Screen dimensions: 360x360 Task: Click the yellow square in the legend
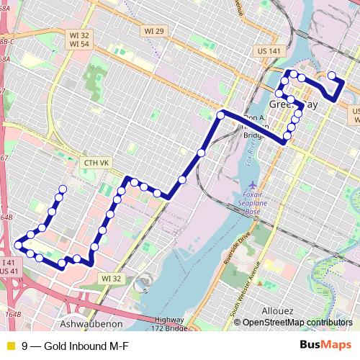[9, 346]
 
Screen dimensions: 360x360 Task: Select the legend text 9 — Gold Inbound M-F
[70, 346]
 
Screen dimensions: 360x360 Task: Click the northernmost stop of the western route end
[63, 189]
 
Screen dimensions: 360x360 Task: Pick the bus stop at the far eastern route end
[331, 76]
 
